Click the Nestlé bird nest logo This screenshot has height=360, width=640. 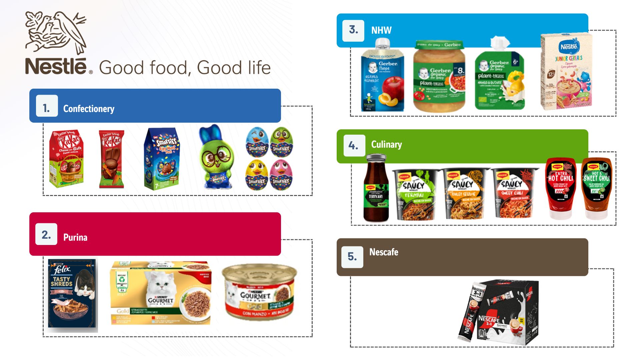56,32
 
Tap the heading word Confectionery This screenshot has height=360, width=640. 89,109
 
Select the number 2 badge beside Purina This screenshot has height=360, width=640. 46,234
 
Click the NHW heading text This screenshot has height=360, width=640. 381,30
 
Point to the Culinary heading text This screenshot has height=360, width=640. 386,144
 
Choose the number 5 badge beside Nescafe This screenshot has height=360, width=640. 352,256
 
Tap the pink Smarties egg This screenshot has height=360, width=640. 281,174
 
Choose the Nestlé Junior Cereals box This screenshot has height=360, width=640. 567,72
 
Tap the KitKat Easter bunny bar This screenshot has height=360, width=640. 111,159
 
